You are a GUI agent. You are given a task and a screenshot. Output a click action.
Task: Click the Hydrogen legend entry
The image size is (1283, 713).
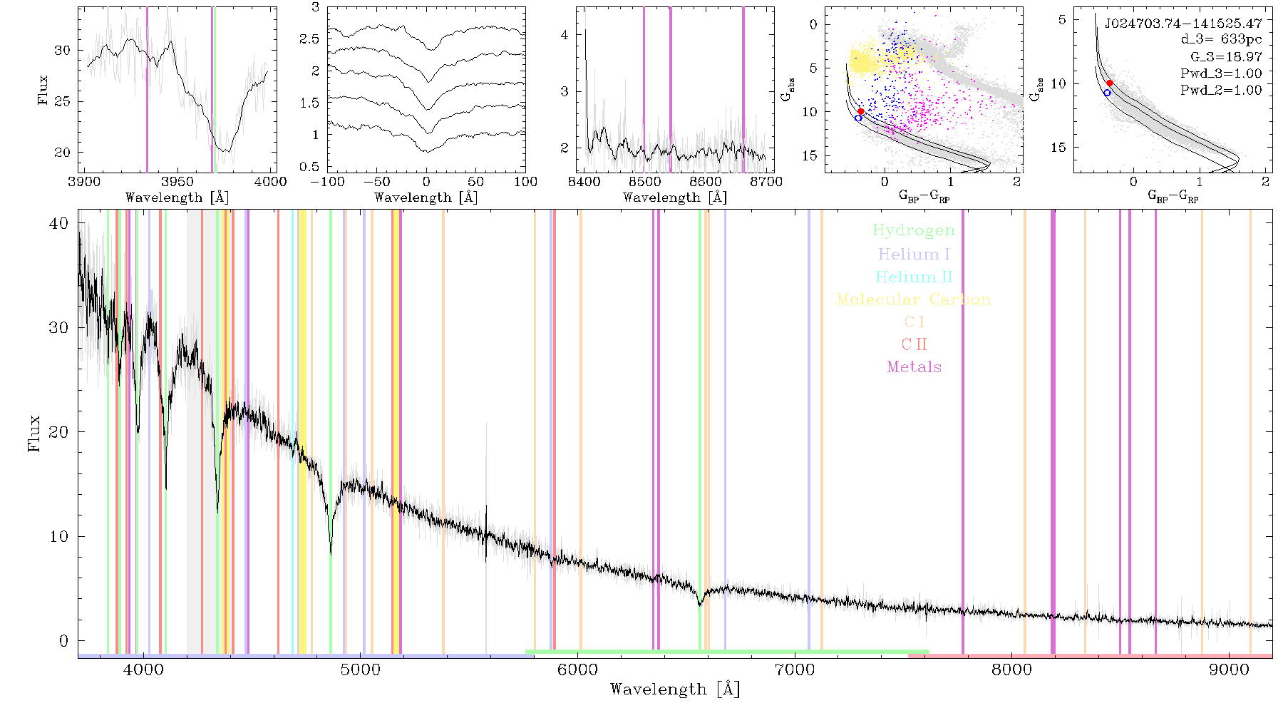pos(913,230)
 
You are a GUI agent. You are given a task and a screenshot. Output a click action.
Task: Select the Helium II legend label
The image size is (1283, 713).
pos(914,277)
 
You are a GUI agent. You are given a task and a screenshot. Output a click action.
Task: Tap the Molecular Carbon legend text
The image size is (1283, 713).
pos(914,299)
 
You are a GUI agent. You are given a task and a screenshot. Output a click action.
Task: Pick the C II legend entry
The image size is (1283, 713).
pos(914,344)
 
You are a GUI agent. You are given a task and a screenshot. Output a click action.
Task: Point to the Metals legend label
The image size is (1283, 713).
pos(914,367)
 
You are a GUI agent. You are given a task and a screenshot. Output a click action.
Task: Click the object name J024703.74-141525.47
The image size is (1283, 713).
pos(1183,24)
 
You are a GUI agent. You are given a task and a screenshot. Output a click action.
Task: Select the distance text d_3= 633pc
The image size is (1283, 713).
pos(1221,40)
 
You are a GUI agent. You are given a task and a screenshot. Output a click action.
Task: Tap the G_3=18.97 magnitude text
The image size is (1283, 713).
pos(1226,57)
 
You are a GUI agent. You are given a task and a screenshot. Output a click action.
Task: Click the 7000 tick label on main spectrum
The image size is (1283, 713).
pos(794,670)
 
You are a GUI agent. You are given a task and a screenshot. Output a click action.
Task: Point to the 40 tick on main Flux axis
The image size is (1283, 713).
pos(59,223)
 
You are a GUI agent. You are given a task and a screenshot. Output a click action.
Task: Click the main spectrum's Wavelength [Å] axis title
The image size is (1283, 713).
pos(675,689)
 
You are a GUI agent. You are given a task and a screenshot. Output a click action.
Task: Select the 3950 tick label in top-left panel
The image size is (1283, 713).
pos(177,181)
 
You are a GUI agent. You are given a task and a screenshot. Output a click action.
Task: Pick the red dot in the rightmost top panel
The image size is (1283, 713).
pos(1110,83)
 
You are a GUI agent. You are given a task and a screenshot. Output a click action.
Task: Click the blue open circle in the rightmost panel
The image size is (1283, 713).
pos(1107,93)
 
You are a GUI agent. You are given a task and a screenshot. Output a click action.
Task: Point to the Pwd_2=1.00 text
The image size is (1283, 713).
pos(1221,91)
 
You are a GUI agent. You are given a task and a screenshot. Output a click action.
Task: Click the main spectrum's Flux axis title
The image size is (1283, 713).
pos(34,434)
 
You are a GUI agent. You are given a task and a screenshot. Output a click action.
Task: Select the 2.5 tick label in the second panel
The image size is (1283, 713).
pos(309,39)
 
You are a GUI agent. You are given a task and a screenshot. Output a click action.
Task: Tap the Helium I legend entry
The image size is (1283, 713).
pos(914,254)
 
